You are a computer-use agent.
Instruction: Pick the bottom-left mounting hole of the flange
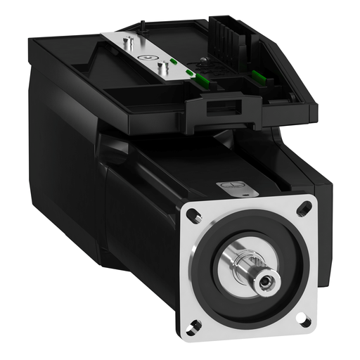194,325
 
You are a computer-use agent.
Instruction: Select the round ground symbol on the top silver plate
146,58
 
